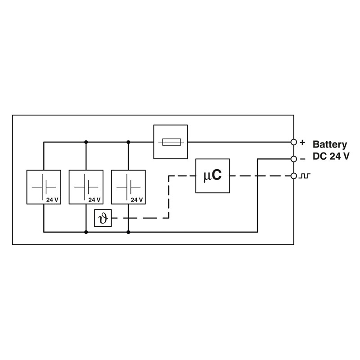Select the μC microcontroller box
pos(212,176)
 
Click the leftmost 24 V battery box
pos(44,187)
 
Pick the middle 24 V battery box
pos(86,187)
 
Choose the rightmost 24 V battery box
pos(128,187)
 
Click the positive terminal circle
pos(294,142)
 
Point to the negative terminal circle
pos(294,159)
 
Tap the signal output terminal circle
pos(294,176)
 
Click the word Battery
pos(330,145)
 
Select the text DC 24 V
pos(330,157)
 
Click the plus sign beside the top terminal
pos(302,142)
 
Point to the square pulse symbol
pos(305,175)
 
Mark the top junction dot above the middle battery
pos(86,142)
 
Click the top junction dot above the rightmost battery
pos(128,142)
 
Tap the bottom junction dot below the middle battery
pos(86,232)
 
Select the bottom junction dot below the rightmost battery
pos(128,232)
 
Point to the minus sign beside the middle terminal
pos(302,159)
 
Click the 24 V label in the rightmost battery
pos(136,199)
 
